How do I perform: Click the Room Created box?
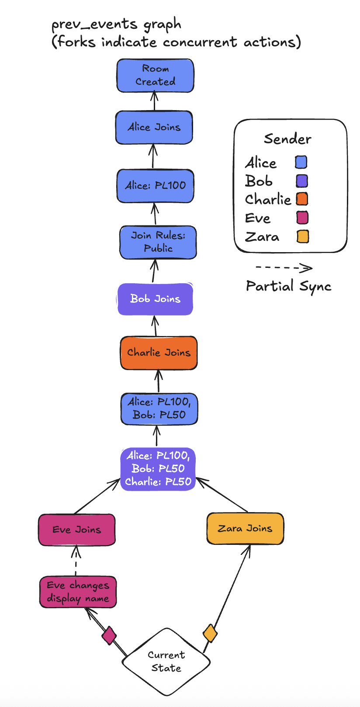[155, 76]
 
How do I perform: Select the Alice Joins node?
[154, 127]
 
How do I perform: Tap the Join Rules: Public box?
[158, 242]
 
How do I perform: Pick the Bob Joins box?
[155, 299]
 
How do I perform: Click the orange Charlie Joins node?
[159, 353]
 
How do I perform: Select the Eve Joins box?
[77, 530]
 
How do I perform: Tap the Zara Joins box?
[245, 529]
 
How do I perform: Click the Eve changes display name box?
[78, 592]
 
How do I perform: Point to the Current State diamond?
[166, 662]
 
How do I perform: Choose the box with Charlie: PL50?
[158, 469]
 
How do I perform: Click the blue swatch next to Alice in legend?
[301, 163]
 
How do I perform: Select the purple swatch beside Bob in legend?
[302, 181]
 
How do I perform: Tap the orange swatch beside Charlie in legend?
[302, 199]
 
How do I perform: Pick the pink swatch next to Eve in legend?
[302, 218]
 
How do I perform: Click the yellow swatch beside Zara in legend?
[302, 236]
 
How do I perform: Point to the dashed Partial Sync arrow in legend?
[284, 267]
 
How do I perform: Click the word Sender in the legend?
[287, 139]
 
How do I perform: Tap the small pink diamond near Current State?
[109, 635]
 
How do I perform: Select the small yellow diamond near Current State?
[210, 633]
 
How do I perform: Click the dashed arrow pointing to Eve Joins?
[76, 561]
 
